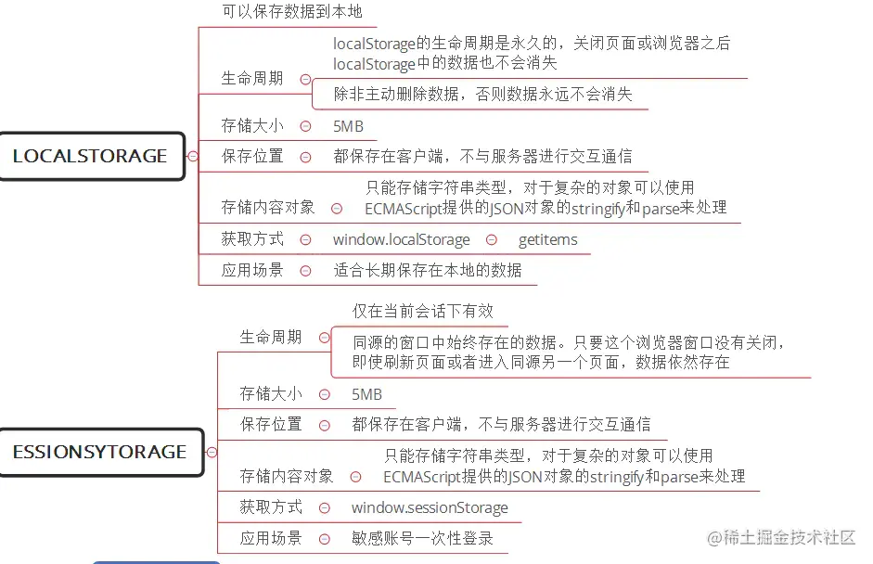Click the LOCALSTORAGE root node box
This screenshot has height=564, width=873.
point(90,156)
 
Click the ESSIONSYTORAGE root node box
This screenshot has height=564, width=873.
point(99,452)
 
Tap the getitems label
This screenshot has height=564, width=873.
point(547,239)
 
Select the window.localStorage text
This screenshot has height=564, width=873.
point(401,239)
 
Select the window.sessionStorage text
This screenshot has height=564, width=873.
point(430,507)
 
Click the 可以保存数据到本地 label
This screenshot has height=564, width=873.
point(291,12)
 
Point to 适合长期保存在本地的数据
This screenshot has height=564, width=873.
point(428,270)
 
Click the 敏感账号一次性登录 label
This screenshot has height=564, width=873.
point(422,538)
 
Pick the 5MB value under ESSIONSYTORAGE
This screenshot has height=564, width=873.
point(366,394)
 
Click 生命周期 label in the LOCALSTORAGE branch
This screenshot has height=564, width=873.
point(252,79)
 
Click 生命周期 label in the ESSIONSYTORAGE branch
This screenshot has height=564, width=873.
point(271,338)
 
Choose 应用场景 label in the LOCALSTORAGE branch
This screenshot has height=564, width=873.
point(252,270)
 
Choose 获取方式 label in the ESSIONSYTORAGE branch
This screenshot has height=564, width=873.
point(271,507)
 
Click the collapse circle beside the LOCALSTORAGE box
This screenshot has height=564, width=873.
point(193,156)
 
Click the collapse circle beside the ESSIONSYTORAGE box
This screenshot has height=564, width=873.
point(212,453)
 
